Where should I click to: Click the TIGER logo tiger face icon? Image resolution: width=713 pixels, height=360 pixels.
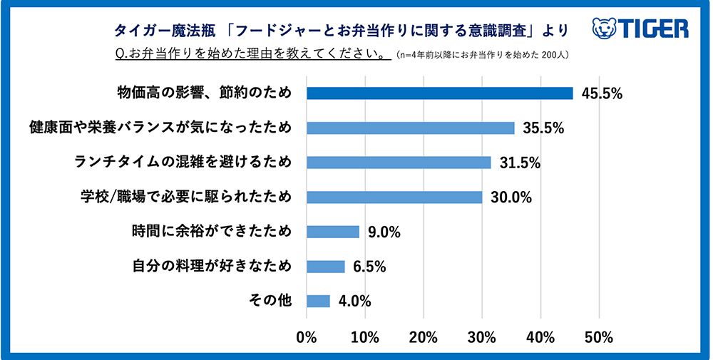604,29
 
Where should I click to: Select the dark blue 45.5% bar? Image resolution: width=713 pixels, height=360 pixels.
439,93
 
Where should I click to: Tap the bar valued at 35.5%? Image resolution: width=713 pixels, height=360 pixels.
410,128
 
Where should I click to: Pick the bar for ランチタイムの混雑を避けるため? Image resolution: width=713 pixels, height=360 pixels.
399,163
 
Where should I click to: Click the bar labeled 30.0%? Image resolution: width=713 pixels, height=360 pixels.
394,197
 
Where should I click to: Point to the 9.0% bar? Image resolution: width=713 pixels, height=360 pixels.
333,232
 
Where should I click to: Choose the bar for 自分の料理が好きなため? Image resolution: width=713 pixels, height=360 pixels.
325,266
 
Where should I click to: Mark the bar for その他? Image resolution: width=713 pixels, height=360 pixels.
318,301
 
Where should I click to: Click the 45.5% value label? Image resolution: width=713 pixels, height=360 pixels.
601,93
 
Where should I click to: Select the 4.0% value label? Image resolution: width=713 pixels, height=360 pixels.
354,301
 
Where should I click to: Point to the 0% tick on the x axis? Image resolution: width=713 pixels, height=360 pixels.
307,336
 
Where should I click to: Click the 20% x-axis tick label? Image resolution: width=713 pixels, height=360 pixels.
424,336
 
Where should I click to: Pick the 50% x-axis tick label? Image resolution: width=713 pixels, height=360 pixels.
600,336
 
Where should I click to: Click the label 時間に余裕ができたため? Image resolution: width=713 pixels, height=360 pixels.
212,232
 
